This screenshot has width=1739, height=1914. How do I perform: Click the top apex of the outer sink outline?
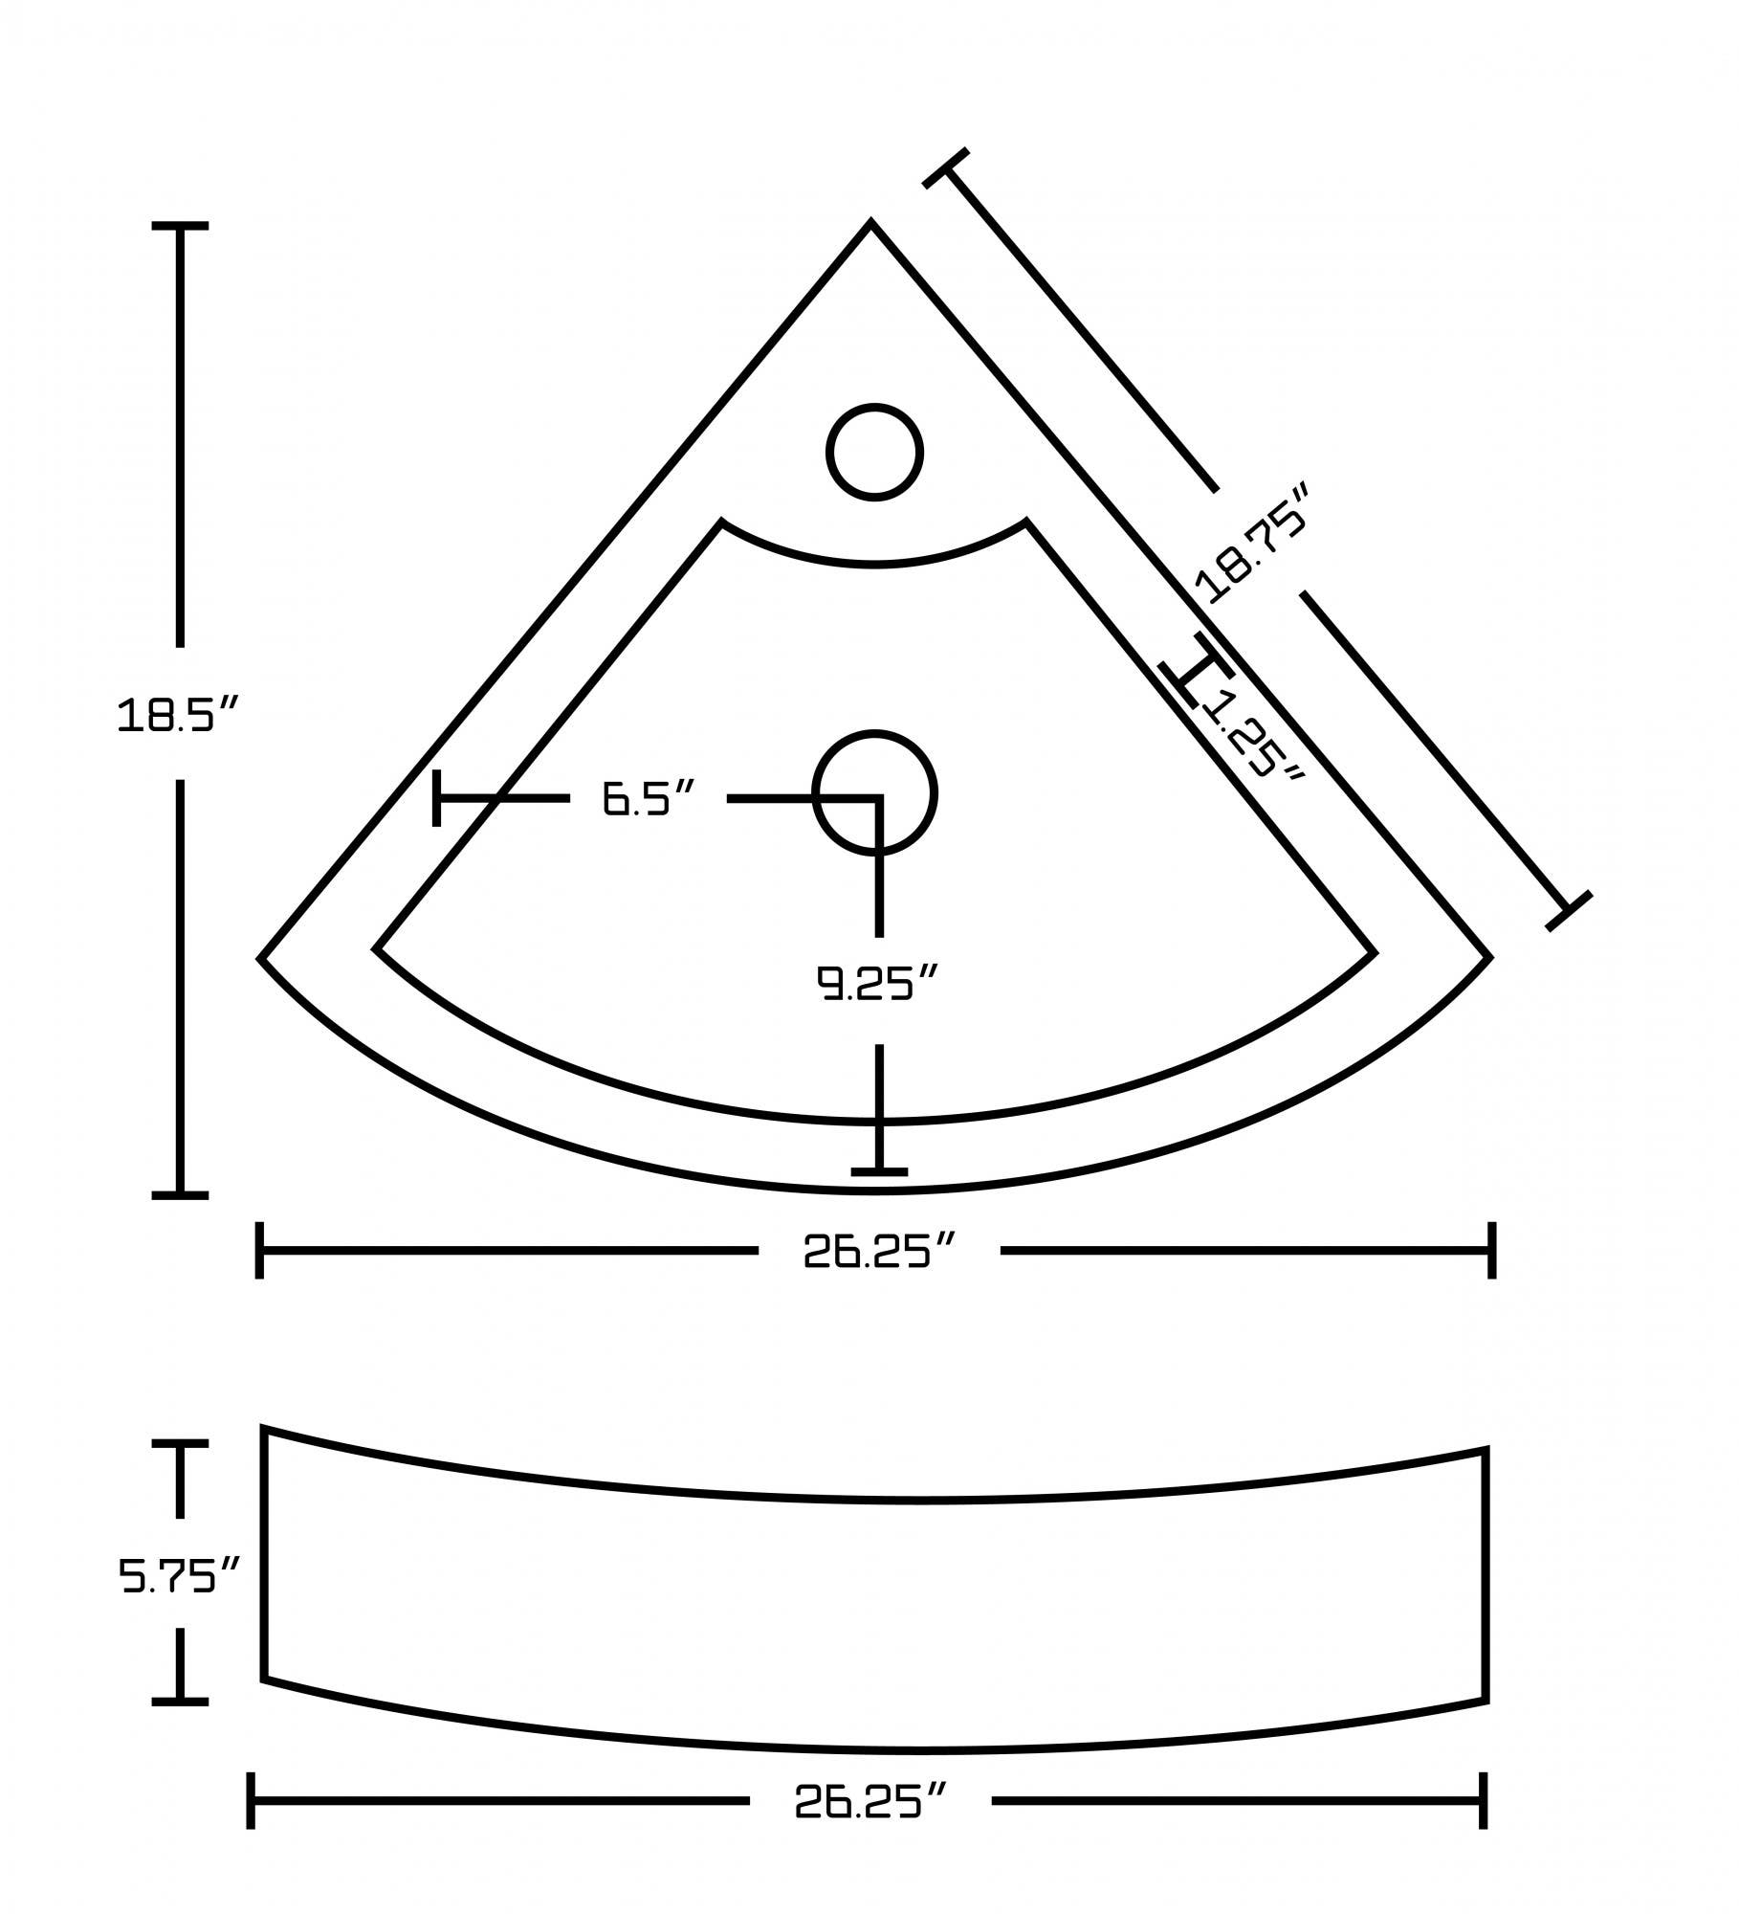(870, 223)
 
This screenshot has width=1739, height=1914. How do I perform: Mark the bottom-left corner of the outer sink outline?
(261, 957)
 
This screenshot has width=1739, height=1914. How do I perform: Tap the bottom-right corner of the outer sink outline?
(1489, 957)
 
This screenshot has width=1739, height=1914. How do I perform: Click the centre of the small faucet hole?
(874, 452)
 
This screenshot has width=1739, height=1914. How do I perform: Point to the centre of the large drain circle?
(874, 792)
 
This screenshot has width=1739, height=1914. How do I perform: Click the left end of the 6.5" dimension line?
(437, 797)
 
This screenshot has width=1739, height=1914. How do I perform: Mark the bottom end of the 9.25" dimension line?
(879, 1171)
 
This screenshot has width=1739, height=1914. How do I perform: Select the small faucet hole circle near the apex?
(874, 452)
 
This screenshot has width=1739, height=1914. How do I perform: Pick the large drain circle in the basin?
(874, 792)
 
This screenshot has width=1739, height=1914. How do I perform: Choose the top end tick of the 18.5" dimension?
(180, 226)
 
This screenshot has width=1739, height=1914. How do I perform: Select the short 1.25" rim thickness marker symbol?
(1195, 670)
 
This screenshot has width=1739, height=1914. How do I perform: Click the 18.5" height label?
(177, 715)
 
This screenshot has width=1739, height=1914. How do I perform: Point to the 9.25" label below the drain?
(875, 983)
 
